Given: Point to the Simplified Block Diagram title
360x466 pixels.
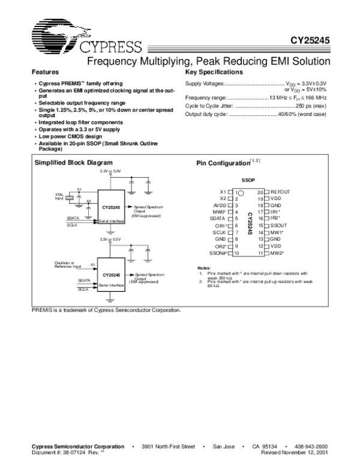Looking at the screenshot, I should (74, 163).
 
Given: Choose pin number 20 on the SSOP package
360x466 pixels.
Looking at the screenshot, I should (260, 191).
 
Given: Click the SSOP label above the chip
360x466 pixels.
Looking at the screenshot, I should (248, 180).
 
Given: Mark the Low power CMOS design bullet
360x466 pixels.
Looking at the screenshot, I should (65, 136).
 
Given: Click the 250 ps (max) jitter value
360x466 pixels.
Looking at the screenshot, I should (307, 105).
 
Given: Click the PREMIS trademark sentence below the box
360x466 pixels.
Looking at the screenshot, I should (106, 310).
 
